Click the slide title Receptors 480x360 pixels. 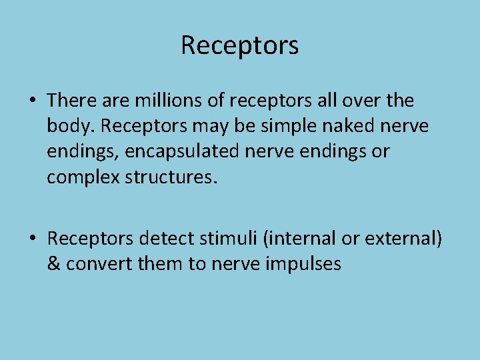pos(239,45)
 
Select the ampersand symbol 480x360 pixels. pos(53,264)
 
